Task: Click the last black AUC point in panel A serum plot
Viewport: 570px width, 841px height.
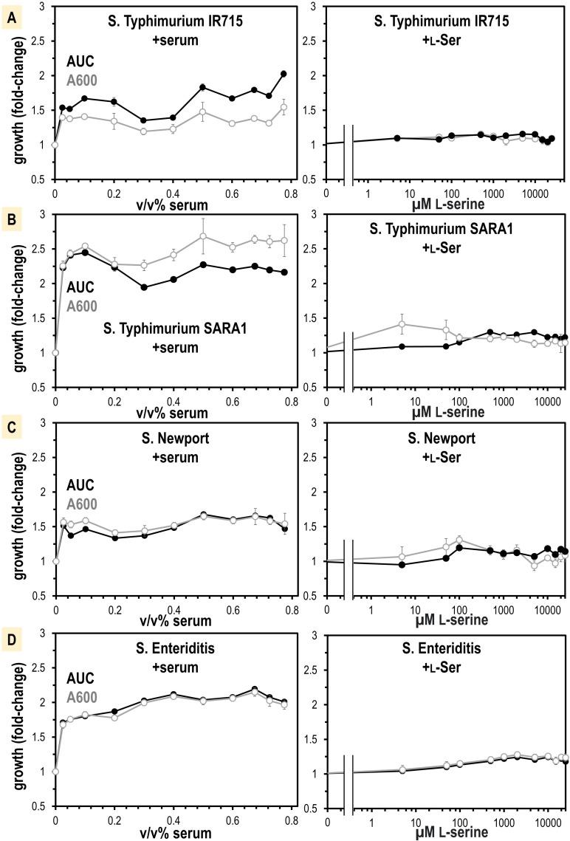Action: pyautogui.click(x=284, y=74)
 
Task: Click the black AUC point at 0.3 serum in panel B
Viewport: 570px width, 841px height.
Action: pyautogui.click(x=144, y=287)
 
